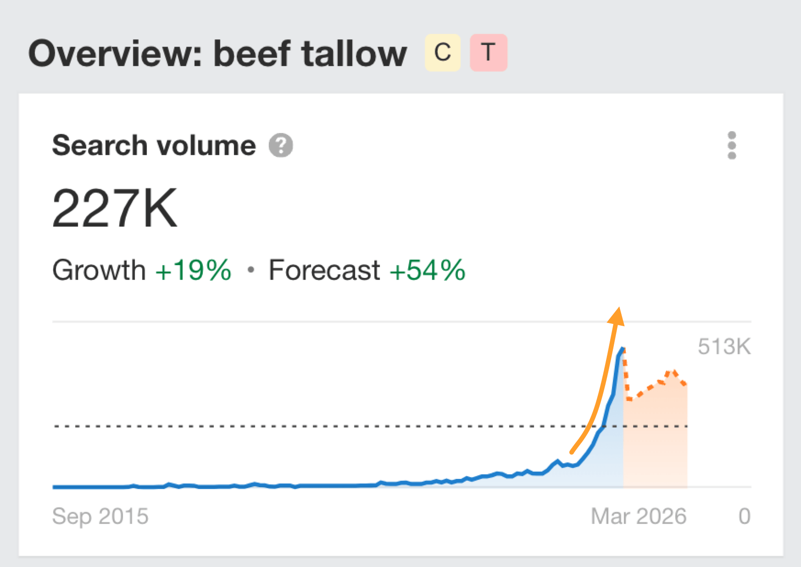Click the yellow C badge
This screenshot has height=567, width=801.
pos(442,53)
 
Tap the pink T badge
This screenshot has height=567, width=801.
pos(488,53)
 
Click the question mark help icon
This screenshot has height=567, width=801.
pos(281,145)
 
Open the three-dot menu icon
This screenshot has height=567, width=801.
pos(732,145)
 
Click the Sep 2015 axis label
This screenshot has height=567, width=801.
pos(100,516)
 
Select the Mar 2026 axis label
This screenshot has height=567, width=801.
pos(638,516)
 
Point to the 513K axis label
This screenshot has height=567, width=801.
pos(724,347)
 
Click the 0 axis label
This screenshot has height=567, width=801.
pos(745,516)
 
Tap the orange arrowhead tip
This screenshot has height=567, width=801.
pos(619,310)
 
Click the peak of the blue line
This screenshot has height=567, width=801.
pos(623,349)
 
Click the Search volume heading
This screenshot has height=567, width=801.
pos(154,145)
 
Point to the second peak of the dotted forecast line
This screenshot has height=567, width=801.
pos(672,372)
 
